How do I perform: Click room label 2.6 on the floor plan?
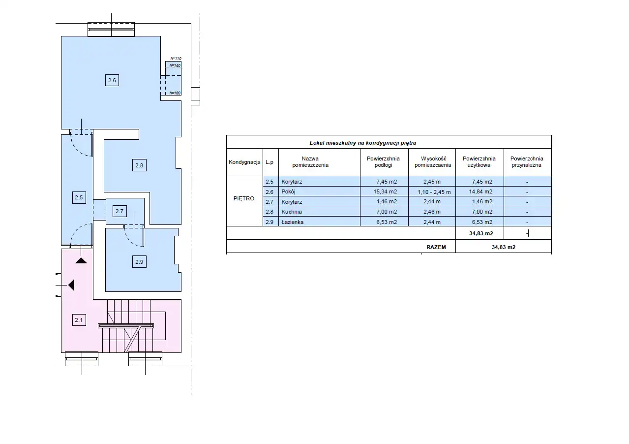[112, 80]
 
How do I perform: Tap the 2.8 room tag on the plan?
[139, 165]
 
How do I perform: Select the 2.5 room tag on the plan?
[79, 197]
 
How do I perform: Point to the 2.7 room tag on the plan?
[120, 211]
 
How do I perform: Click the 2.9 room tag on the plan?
[139, 262]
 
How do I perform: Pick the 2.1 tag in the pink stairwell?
[79, 320]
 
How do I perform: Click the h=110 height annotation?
[176, 59]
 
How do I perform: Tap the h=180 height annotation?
[175, 93]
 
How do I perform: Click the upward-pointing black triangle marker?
[81, 261]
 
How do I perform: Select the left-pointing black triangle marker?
[71, 285]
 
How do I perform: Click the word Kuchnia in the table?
[292, 212]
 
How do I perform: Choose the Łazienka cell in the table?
[292, 222]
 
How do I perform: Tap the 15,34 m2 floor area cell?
[385, 191]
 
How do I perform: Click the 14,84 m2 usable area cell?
[480, 191]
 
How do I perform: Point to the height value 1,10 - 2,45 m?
[434, 192]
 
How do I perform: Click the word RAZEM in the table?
[436, 247]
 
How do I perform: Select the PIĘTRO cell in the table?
[244, 198]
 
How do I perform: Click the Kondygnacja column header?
[244, 162]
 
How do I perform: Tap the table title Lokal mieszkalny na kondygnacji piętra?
[363, 143]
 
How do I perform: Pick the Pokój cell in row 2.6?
[288, 191]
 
